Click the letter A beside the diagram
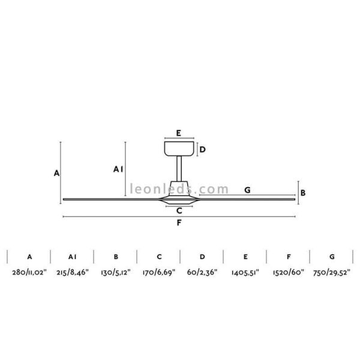[x=56, y=173]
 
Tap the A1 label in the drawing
[x=118, y=170]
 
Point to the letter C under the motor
[x=179, y=211]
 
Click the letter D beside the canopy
[x=203, y=149]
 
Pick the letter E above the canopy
[x=179, y=133]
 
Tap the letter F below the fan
[x=179, y=223]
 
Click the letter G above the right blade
[x=247, y=190]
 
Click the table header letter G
[x=332, y=257]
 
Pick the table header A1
[x=73, y=257]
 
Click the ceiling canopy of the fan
[x=179, y=148]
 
